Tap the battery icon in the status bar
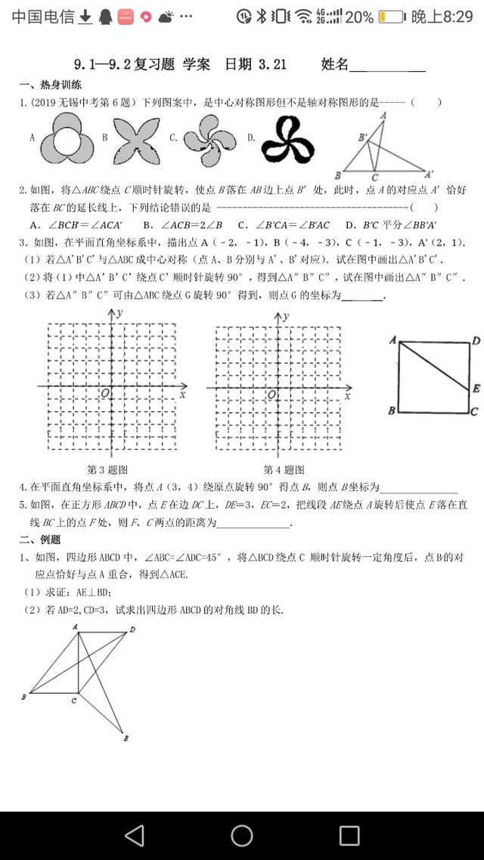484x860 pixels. pyautogui.click(x=391, y=16)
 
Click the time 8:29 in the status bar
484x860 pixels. pyautogui.click(x=441, y=16)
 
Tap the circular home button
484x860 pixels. pyautogui.click(x=242, y=835)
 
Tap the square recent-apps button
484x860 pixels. pyautogui.click(x=349, y=835)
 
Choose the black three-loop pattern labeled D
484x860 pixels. pyautogui.click(x=287, y=138)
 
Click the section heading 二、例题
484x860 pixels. pyautogui.click(x=39, y=539)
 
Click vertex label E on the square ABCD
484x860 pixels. pyautogui.click(x=476, y=388)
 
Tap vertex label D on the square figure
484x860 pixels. pyautogui.click(x=476, y=342)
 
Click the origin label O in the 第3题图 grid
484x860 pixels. pyautogui.click(x=104, y=391)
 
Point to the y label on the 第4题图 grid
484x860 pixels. pyautogui.click(x=290, y=312)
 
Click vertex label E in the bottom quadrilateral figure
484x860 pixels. pyautogui.click(x=126, y=738)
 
